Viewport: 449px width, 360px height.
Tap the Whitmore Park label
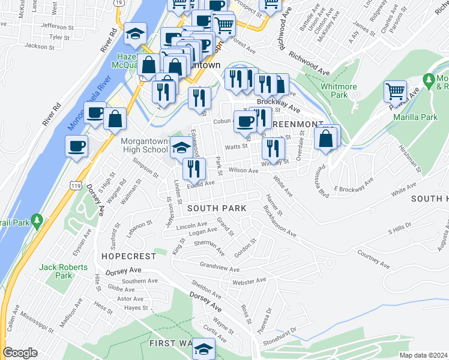pyautogui.click(x=334, y=91)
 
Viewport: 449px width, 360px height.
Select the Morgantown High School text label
pyautogui.click(x=145, y=145)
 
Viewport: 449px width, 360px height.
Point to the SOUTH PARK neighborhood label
pyautogui.click(x=216, y=208)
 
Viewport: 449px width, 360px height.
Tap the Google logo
pyautogui.click(x=20, y=353)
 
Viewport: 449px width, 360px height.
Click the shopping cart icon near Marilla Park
pyautogui.click(x=396, y=91)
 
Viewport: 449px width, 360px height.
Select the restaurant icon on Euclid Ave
pyautogui.click(x=194, y=169)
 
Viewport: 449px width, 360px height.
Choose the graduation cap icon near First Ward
pyautogui.click(x=203, y=349)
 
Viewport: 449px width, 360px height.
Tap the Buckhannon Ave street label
pyautogui.click(x=279, y=221)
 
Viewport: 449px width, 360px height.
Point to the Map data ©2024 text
pyautogui.click(x=423, y=355)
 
